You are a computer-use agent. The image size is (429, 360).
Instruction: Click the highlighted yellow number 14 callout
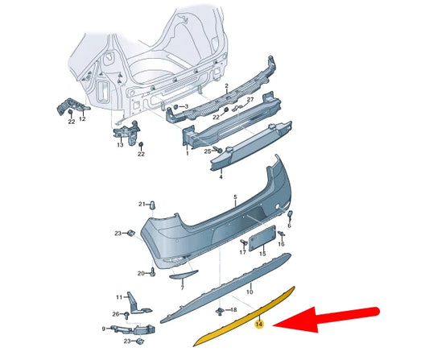[x=258, y=325]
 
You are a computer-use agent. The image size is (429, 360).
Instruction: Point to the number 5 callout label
[x=235, y=197]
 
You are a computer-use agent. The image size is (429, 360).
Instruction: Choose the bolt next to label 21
[x=151, y=204]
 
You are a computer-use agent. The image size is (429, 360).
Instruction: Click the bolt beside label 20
[x=151, y=273]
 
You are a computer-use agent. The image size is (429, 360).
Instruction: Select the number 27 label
[x=250, y=100]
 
